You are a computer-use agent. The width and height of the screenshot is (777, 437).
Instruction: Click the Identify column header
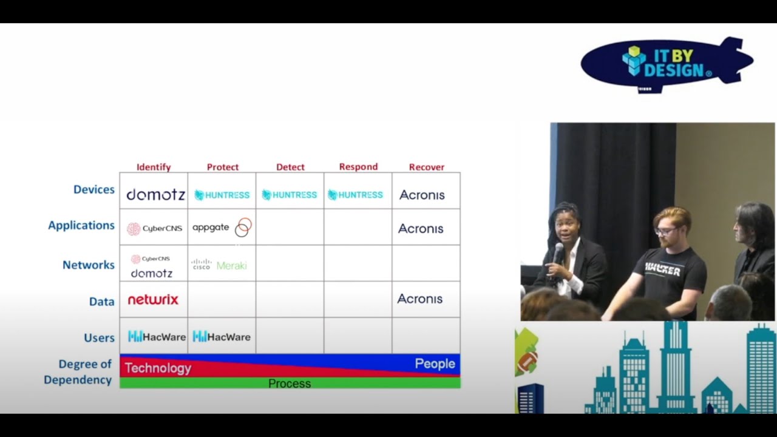point(154,167)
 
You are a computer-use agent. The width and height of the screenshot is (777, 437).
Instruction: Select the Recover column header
point(426,167)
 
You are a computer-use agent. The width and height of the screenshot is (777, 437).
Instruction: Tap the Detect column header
point(290,167)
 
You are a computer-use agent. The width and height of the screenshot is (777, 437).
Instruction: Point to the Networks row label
point(88,265)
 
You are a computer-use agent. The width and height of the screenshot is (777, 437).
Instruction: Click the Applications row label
point(81,225)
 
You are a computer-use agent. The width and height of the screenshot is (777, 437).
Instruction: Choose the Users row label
point(99,337)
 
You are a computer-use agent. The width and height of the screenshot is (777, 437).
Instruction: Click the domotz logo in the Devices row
point(155,195)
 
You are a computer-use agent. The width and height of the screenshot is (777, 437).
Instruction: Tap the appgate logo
point(222,228)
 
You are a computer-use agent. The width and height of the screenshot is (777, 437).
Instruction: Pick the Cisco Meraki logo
point(219,265)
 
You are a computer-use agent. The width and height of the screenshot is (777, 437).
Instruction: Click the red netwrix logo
point(153,299)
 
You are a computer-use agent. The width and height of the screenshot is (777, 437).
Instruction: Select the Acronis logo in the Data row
point(420,299)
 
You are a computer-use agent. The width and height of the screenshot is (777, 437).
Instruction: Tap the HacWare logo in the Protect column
point(222,336)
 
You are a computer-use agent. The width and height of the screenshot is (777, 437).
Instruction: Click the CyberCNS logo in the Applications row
point(154,229)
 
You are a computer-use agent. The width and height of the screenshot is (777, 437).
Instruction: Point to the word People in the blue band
point(435,364)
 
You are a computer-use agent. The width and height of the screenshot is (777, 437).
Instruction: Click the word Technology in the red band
point(158,368)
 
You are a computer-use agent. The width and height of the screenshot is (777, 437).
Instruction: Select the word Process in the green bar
point(290,384)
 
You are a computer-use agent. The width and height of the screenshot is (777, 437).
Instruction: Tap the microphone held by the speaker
point(558,251)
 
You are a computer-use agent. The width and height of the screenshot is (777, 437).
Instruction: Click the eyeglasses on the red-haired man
point(665,231)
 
